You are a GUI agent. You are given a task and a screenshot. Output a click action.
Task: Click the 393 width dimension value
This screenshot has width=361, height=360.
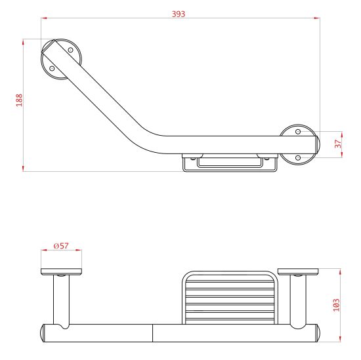[179, 14]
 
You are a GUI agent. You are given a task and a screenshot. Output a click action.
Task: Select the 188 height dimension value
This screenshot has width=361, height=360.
[19, 100]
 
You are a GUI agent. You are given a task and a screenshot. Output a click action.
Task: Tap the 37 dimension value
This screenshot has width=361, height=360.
[338, 144]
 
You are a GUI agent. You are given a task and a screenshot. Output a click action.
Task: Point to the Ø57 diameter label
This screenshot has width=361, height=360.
[61, 246]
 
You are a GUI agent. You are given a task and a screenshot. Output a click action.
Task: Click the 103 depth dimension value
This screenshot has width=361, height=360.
[336, 305]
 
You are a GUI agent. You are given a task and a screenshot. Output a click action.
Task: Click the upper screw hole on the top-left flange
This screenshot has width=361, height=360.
[71, 50]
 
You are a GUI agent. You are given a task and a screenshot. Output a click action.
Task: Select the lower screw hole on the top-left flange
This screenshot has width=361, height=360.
[52, 68]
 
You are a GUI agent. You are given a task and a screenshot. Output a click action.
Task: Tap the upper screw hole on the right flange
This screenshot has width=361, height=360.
[298, 132]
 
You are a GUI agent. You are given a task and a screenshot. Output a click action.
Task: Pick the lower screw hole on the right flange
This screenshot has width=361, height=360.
[298, 158]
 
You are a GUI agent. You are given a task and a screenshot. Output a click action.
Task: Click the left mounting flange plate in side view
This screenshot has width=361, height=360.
[61, 271]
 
